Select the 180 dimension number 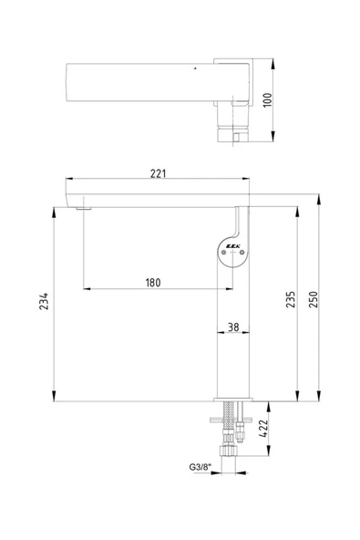(152, 282)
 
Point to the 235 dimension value (290, 301)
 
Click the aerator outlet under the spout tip (86, 209)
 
